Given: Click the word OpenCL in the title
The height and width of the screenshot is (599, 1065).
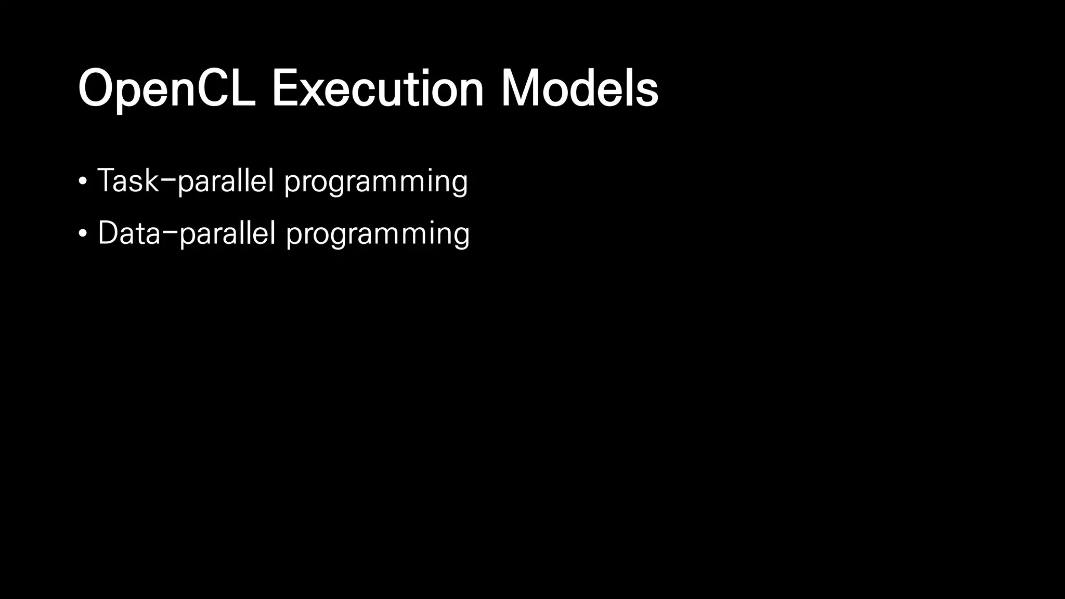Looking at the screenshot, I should coord(166,89).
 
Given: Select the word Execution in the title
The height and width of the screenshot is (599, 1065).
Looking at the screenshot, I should coord(378,89).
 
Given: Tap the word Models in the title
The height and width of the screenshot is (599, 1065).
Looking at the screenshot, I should coord(579,89).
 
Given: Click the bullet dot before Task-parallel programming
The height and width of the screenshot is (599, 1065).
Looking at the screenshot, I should coord(83,181).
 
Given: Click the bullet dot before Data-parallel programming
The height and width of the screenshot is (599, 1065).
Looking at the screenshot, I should coord(83,233).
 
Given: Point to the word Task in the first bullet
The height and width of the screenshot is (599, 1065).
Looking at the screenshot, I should coord(127,181).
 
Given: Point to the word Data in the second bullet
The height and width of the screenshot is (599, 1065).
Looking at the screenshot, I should coord(129,233).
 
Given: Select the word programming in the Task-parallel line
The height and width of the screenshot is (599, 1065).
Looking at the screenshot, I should coord(376,182).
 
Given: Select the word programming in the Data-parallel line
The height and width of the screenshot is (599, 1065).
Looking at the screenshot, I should coord(378,234).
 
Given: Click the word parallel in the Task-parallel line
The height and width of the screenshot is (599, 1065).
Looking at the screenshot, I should coord(226,182).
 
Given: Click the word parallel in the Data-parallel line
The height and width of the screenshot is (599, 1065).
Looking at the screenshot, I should coord(227,234).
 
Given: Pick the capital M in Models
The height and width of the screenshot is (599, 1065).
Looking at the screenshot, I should coord(521,89).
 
